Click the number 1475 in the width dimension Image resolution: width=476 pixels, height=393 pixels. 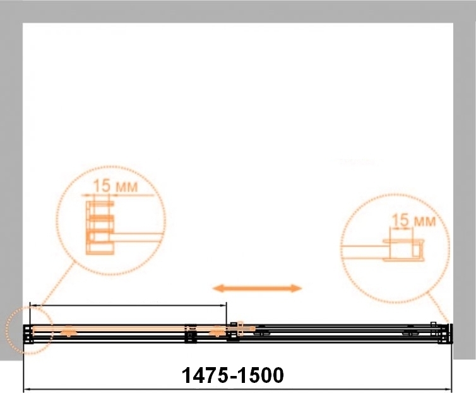[205, 375]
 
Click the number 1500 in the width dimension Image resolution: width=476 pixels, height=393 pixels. [260, 375]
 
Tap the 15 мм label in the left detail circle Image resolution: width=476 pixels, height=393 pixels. [115, 185]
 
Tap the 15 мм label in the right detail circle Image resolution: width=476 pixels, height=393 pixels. [414, 220]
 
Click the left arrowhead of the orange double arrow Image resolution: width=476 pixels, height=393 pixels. [218, 288]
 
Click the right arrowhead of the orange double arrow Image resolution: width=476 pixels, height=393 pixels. [296, 288]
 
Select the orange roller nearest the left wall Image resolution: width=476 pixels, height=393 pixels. [69, 331]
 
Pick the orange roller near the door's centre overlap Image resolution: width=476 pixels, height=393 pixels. [217, 331]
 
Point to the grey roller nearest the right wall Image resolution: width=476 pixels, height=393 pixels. [410, 332]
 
